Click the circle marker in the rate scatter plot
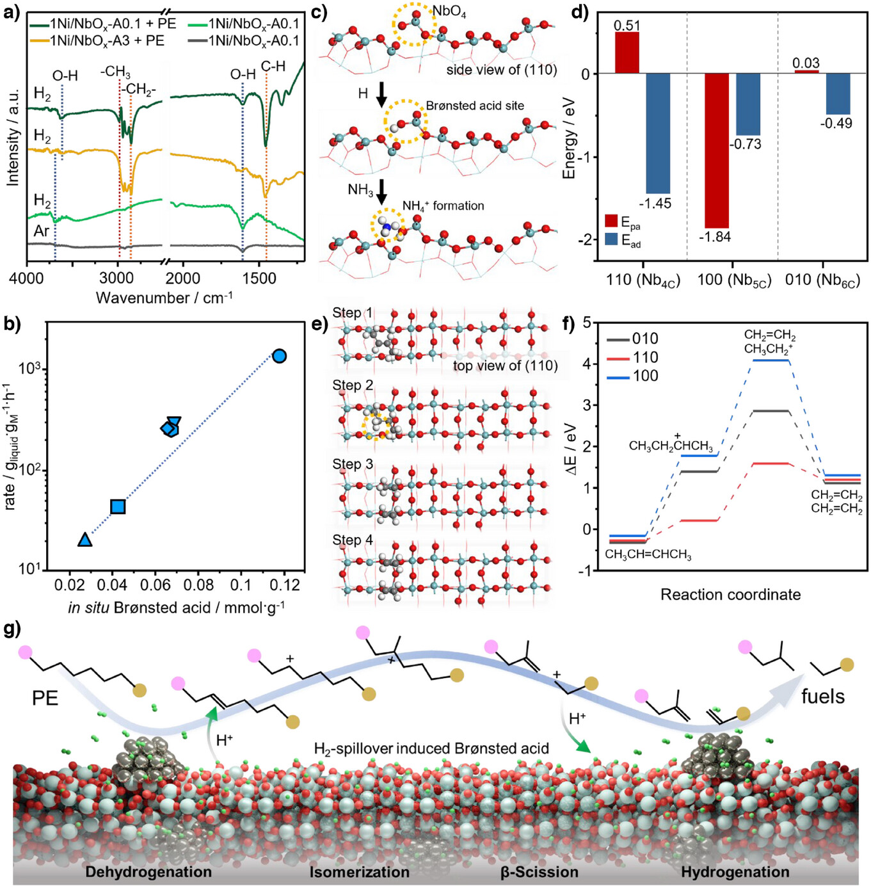(x=279, y=356)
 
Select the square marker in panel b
(x=118, y=506)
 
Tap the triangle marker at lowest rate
(x=84, y=540)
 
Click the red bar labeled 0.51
(x=627, y=52)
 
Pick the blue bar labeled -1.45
(x=658, y=133)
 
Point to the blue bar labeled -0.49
(x=838, y=94)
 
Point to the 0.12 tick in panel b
(x=285, y=585)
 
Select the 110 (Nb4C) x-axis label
(x=643, y=280)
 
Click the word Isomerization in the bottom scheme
(x=360, y=872)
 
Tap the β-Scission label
(x=539, y=872)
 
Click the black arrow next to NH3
(x=381, y=191)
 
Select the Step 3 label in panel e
(x=352, y=464)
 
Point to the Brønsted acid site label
(x=475, y=106)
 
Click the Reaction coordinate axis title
(x=730, y=595)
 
